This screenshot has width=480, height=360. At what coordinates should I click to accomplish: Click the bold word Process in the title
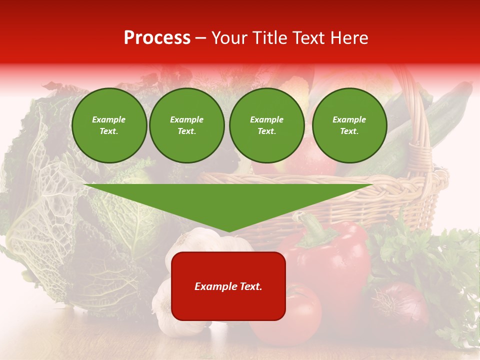(x=157, y=38)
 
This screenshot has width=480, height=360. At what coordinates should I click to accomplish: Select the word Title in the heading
(x=270, y=38)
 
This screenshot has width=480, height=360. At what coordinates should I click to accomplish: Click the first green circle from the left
(x=109, y=125)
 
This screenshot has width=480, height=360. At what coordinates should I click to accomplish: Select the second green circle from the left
(x=186, y=125)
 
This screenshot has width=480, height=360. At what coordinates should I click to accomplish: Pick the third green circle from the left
(x=266, y=125)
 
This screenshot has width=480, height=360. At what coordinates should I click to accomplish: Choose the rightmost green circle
(x=349, y=125)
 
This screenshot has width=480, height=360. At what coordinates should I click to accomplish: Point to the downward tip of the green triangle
(x=228, y=230)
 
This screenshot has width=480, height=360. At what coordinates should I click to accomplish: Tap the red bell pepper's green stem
(x=312, y=227)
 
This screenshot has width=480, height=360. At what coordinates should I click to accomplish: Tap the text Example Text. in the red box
(x=228, y=286)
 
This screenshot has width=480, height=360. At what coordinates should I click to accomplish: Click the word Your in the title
(x=229, y=38)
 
